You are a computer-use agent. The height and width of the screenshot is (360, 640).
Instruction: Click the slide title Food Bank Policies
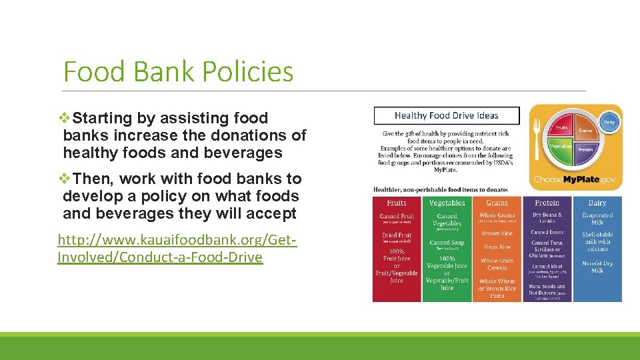click(178, 71)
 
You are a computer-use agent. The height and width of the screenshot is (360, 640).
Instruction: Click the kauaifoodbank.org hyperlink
click(177, 248)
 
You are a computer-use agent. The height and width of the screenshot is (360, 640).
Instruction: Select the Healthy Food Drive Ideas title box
click(446, 115)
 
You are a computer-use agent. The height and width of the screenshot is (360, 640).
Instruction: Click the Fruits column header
click(397, 203)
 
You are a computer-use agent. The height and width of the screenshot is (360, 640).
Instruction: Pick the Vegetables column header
click(447, 203)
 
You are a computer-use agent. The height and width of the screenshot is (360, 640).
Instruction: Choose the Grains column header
click(497, 203)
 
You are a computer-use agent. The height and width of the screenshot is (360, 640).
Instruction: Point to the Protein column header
click(547, 203)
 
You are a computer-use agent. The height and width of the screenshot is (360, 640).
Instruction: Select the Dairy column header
click(597, 203)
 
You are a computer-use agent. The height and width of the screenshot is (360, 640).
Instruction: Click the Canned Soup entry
click(447, 243)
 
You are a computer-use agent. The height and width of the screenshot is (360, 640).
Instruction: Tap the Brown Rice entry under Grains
click(497, 233)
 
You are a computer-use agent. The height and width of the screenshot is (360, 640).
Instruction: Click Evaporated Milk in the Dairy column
click(597, 219)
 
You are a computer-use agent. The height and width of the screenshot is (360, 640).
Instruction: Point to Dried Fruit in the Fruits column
click(397, 235)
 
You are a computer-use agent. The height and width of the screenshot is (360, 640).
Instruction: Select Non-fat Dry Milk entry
click(597, 267)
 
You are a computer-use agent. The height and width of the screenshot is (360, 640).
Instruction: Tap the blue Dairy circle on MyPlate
click(609, 122)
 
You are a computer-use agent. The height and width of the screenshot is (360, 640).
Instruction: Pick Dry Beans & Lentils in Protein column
click(547, 219)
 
